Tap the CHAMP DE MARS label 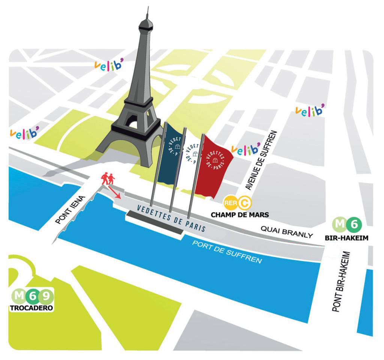pyautogui.click(x=240, y=215)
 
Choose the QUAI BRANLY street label pyautogui.click(x=286, y=232)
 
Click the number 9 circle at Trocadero pyautogui.click(x=46, y=297)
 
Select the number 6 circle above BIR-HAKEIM pyautogui.click(x=354, y=225)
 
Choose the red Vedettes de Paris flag pyautogui.click(x=214, y=165)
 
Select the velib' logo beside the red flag pyautogui.click(x=246, y=149)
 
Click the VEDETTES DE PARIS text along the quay pyautogui.click(x=171, y=218)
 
